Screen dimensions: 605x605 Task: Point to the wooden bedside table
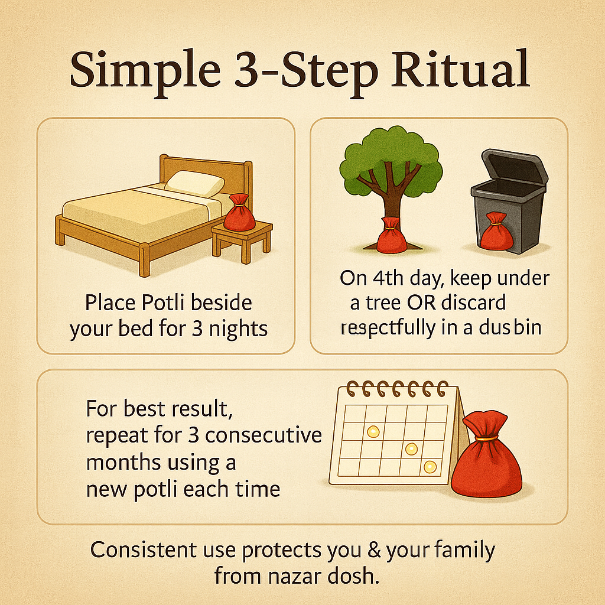pyautogui.click(x=242, y=240)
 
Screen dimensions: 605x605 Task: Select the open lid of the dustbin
pyautogui.click(x=515, y=167)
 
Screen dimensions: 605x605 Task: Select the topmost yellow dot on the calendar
pyautogui.click(x=373, y=431)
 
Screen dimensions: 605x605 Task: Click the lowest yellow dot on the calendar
pyautogui.click(x=430, y=467)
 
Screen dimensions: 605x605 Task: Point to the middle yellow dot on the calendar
pyautogui.click(x=411, y=449)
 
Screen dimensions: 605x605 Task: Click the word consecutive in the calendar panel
pyautogui.click(x=264, y=435)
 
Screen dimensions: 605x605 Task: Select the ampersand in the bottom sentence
pyautogui.click(x=374, y=549)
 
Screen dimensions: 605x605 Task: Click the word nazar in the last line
pyautogui.click(x=294, y=576)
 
